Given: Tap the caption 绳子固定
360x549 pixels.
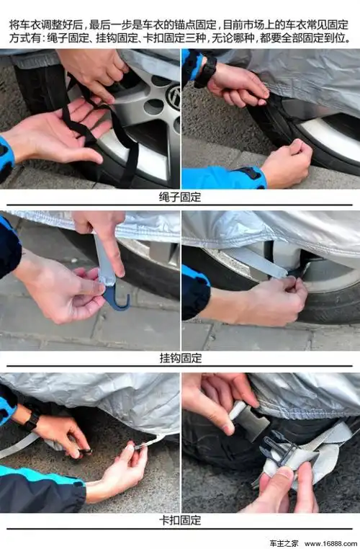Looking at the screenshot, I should click(x=180, y=197).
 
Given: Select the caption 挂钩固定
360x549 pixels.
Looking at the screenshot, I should click(x=180, y=358).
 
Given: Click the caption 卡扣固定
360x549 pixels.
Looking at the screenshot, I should click(x=180, y=520).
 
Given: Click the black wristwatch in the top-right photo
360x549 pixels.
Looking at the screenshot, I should click(x=206, y=73).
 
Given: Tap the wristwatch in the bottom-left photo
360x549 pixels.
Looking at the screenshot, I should click(x=30, y=420).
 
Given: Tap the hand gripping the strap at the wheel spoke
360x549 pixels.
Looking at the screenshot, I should click(x=274, y=299).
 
